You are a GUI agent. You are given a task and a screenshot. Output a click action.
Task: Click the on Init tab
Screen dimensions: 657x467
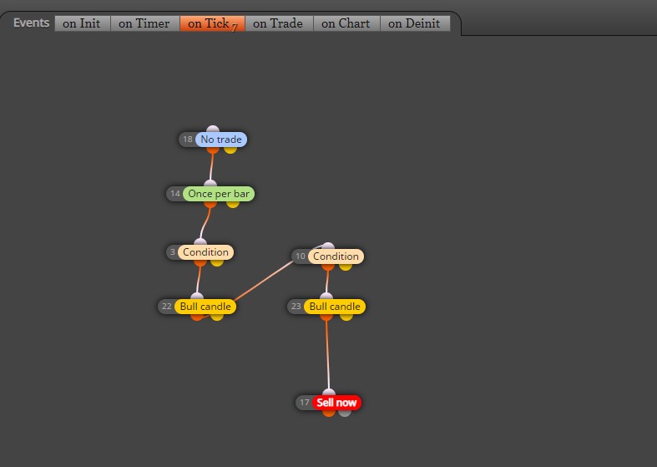point(82,23)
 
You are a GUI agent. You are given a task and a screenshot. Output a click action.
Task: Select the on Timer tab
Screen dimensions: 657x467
point(144,23)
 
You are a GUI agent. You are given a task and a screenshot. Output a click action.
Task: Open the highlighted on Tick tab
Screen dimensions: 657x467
point(212,23)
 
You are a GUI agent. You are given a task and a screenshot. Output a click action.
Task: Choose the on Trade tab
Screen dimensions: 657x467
point(279,23)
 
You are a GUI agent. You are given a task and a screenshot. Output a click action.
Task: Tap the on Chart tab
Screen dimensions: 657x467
point(346,23)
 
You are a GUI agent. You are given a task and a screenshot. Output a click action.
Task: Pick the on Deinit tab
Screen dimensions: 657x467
point(415,23)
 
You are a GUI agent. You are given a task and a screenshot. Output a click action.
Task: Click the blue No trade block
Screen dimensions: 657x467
point(221,140)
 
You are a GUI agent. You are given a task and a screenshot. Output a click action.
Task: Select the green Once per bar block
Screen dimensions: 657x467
point(219,194)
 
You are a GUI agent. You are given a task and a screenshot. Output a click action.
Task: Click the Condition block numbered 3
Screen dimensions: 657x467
point(205,252)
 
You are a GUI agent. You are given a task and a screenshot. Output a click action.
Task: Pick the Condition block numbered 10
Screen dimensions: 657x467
point(336,256)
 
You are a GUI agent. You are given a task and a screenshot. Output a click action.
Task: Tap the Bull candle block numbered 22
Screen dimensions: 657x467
point(205,307)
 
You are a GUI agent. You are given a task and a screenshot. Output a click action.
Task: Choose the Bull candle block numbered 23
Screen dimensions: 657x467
point(335,307)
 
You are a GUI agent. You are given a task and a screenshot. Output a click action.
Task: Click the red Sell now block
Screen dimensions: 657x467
point(336,403)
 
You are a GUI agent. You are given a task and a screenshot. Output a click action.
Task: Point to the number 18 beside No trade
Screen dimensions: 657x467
point(188,140)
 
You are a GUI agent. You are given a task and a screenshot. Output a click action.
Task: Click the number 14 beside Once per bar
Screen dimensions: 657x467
point(175,194)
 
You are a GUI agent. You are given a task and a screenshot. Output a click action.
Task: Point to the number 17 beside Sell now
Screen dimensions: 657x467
point(305,403)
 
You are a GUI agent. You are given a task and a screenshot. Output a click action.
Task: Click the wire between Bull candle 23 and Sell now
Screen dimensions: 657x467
point(327,356)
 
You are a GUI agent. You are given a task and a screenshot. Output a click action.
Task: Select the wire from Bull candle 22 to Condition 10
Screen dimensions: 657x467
point(264,282)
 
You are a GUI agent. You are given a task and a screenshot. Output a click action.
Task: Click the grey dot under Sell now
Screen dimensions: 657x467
point(345,413)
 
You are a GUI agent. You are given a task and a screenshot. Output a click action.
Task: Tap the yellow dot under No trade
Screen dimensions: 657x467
point(230,150)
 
